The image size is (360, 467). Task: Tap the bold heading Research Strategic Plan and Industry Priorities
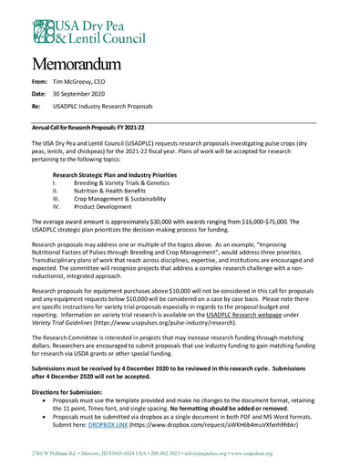click(x=114, y=174)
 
